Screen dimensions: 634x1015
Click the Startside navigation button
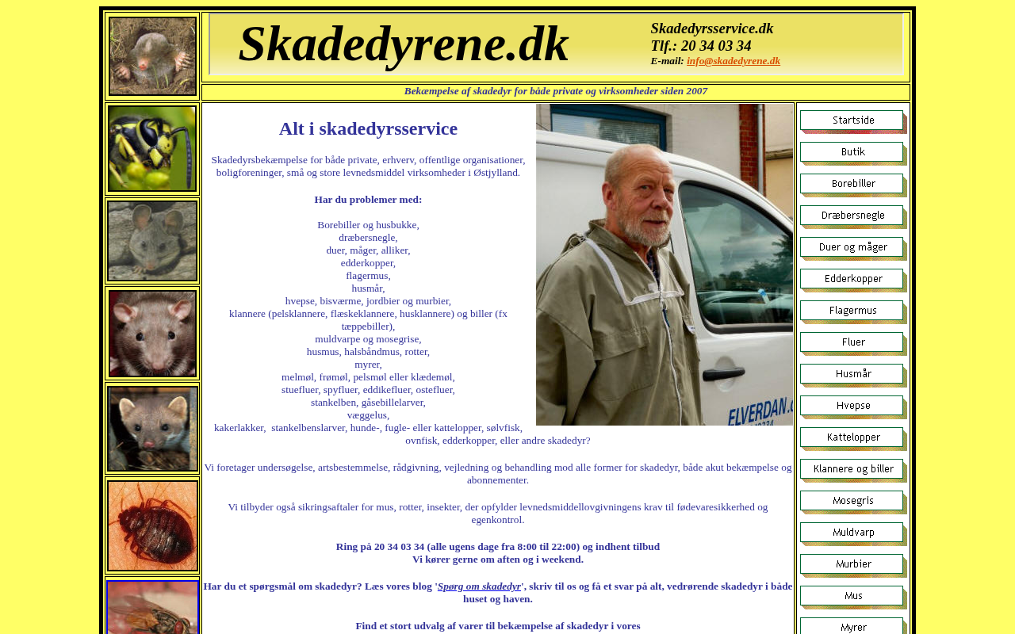click(852, 120)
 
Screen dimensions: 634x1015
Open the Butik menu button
click(852, 152)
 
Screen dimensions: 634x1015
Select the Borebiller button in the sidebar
click(852, 184)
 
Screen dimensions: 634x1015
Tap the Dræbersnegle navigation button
click(852, 216)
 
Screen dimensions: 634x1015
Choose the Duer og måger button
click(852, 247)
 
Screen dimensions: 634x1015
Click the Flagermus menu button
click(852, 311)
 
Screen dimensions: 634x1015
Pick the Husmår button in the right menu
click(852, 374)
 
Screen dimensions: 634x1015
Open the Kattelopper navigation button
click(852, 437)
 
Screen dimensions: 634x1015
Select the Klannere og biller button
click(852, 469)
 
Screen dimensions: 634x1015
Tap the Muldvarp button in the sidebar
click(852, 533)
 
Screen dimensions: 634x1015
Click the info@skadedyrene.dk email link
click(733, 61)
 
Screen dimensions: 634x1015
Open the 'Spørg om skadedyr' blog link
click(479, 586)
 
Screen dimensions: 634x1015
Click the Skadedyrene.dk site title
click(404, 44)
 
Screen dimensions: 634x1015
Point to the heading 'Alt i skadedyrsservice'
click(368, 128)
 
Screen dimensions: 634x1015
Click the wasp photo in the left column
click(152, 148)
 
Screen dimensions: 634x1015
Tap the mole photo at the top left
click(152, 56)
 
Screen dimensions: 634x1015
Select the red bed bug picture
click(152, 525)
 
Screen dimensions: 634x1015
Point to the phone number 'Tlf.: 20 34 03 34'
click(700, 46)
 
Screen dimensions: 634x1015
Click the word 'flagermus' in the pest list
click(367, 276)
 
